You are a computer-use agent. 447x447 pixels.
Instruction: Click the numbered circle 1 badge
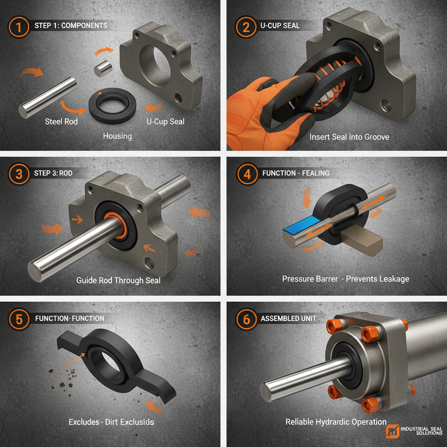(19, 26)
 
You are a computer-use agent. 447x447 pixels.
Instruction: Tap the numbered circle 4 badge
(247, 174)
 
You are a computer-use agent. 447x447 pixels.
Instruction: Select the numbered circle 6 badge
(247, 319)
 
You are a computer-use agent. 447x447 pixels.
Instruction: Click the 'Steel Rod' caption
(61, 121)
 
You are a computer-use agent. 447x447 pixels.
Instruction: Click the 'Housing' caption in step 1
(117, 136)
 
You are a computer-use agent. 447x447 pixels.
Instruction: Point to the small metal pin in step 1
(102, 69)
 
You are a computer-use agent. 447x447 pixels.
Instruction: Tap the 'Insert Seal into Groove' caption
(349, 137)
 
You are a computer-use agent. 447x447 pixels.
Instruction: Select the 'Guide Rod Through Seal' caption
(118, 280)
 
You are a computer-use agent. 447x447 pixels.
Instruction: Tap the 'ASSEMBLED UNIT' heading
(289, 319)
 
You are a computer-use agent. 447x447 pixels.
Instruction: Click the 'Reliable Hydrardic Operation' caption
(336, 422)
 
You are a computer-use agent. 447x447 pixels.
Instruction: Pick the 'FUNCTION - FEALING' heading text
(296, 174)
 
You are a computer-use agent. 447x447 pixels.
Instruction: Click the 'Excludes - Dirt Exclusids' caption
(111, 422)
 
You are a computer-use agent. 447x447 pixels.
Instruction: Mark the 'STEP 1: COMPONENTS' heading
(70, 26)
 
